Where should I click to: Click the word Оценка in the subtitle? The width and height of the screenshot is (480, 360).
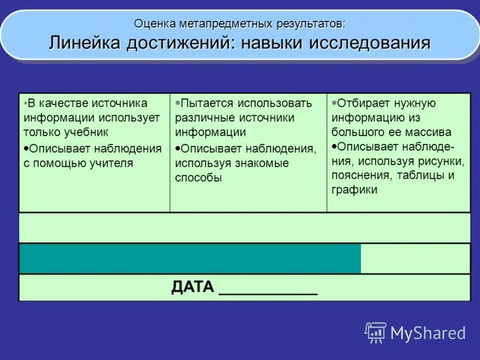[x=155, y=23]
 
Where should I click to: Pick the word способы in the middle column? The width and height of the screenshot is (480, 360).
[x=199, y=178]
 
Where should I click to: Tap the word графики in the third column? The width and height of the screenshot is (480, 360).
[x=354, y=190]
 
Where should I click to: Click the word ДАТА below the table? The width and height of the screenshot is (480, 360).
[x=193, y=287]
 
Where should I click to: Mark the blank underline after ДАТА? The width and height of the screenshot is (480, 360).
[x=268, y=293]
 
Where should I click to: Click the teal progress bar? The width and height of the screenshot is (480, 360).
[x=190, y=259]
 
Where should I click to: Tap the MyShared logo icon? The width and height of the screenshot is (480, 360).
[x=376, y=332]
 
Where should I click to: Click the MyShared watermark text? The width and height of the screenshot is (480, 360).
[x=428, y=333]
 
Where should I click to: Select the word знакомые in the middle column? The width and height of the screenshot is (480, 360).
[x=262, y=163]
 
